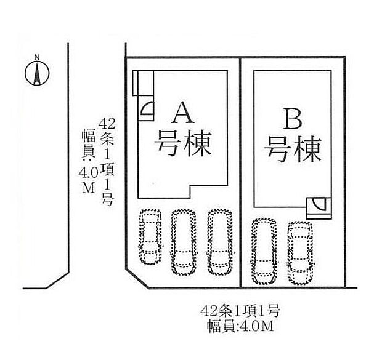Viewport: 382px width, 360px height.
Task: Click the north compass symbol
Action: point(36,74)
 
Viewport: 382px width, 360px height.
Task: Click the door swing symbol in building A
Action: point(148,110)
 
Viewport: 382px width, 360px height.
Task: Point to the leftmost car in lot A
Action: point(150,237)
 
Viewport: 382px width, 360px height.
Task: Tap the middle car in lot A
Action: point(183,241)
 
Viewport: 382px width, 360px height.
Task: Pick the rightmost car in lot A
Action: point(219,241)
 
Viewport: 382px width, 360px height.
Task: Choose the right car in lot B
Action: point(300,252)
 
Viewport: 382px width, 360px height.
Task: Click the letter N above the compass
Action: point(36,58)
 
